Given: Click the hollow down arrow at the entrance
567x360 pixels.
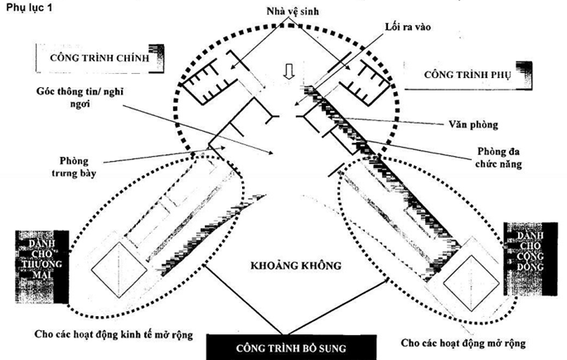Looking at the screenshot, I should click(287, 72).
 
